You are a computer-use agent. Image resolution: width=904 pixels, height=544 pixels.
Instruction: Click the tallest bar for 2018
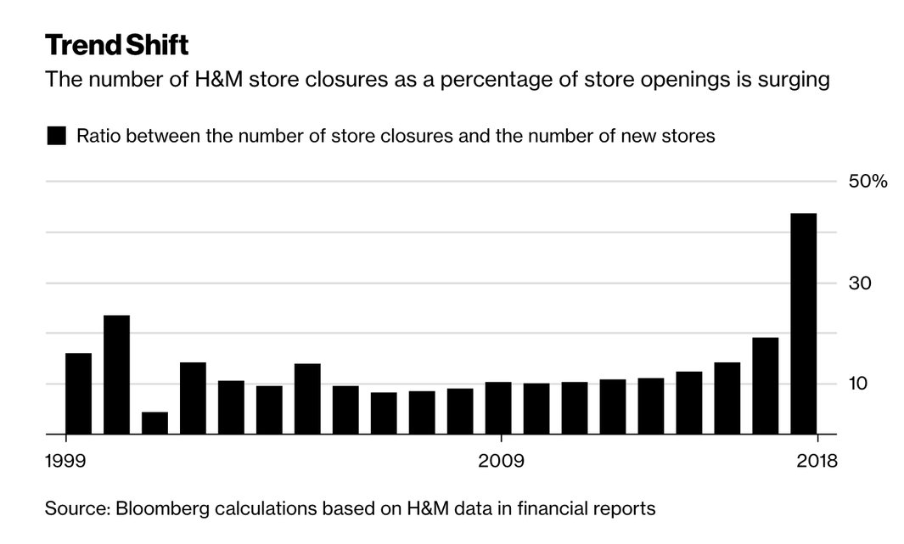click(x=803, y=323)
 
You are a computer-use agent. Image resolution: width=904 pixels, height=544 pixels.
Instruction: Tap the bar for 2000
click(x=116, y=374)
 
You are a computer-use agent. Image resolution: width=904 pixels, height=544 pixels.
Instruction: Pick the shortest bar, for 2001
click(x=154, y=423)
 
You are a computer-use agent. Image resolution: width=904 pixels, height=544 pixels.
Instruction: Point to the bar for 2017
click(x=765, y=385)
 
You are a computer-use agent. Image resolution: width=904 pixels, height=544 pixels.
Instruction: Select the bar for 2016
click(x=727, y=398)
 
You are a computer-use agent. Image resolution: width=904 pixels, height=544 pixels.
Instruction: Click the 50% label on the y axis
click(x=867, y=182)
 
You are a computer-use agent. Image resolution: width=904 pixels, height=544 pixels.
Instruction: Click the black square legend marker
click(x=56, y=136)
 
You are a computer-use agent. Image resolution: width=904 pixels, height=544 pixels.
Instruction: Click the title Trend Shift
click(x=116, y=44)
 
